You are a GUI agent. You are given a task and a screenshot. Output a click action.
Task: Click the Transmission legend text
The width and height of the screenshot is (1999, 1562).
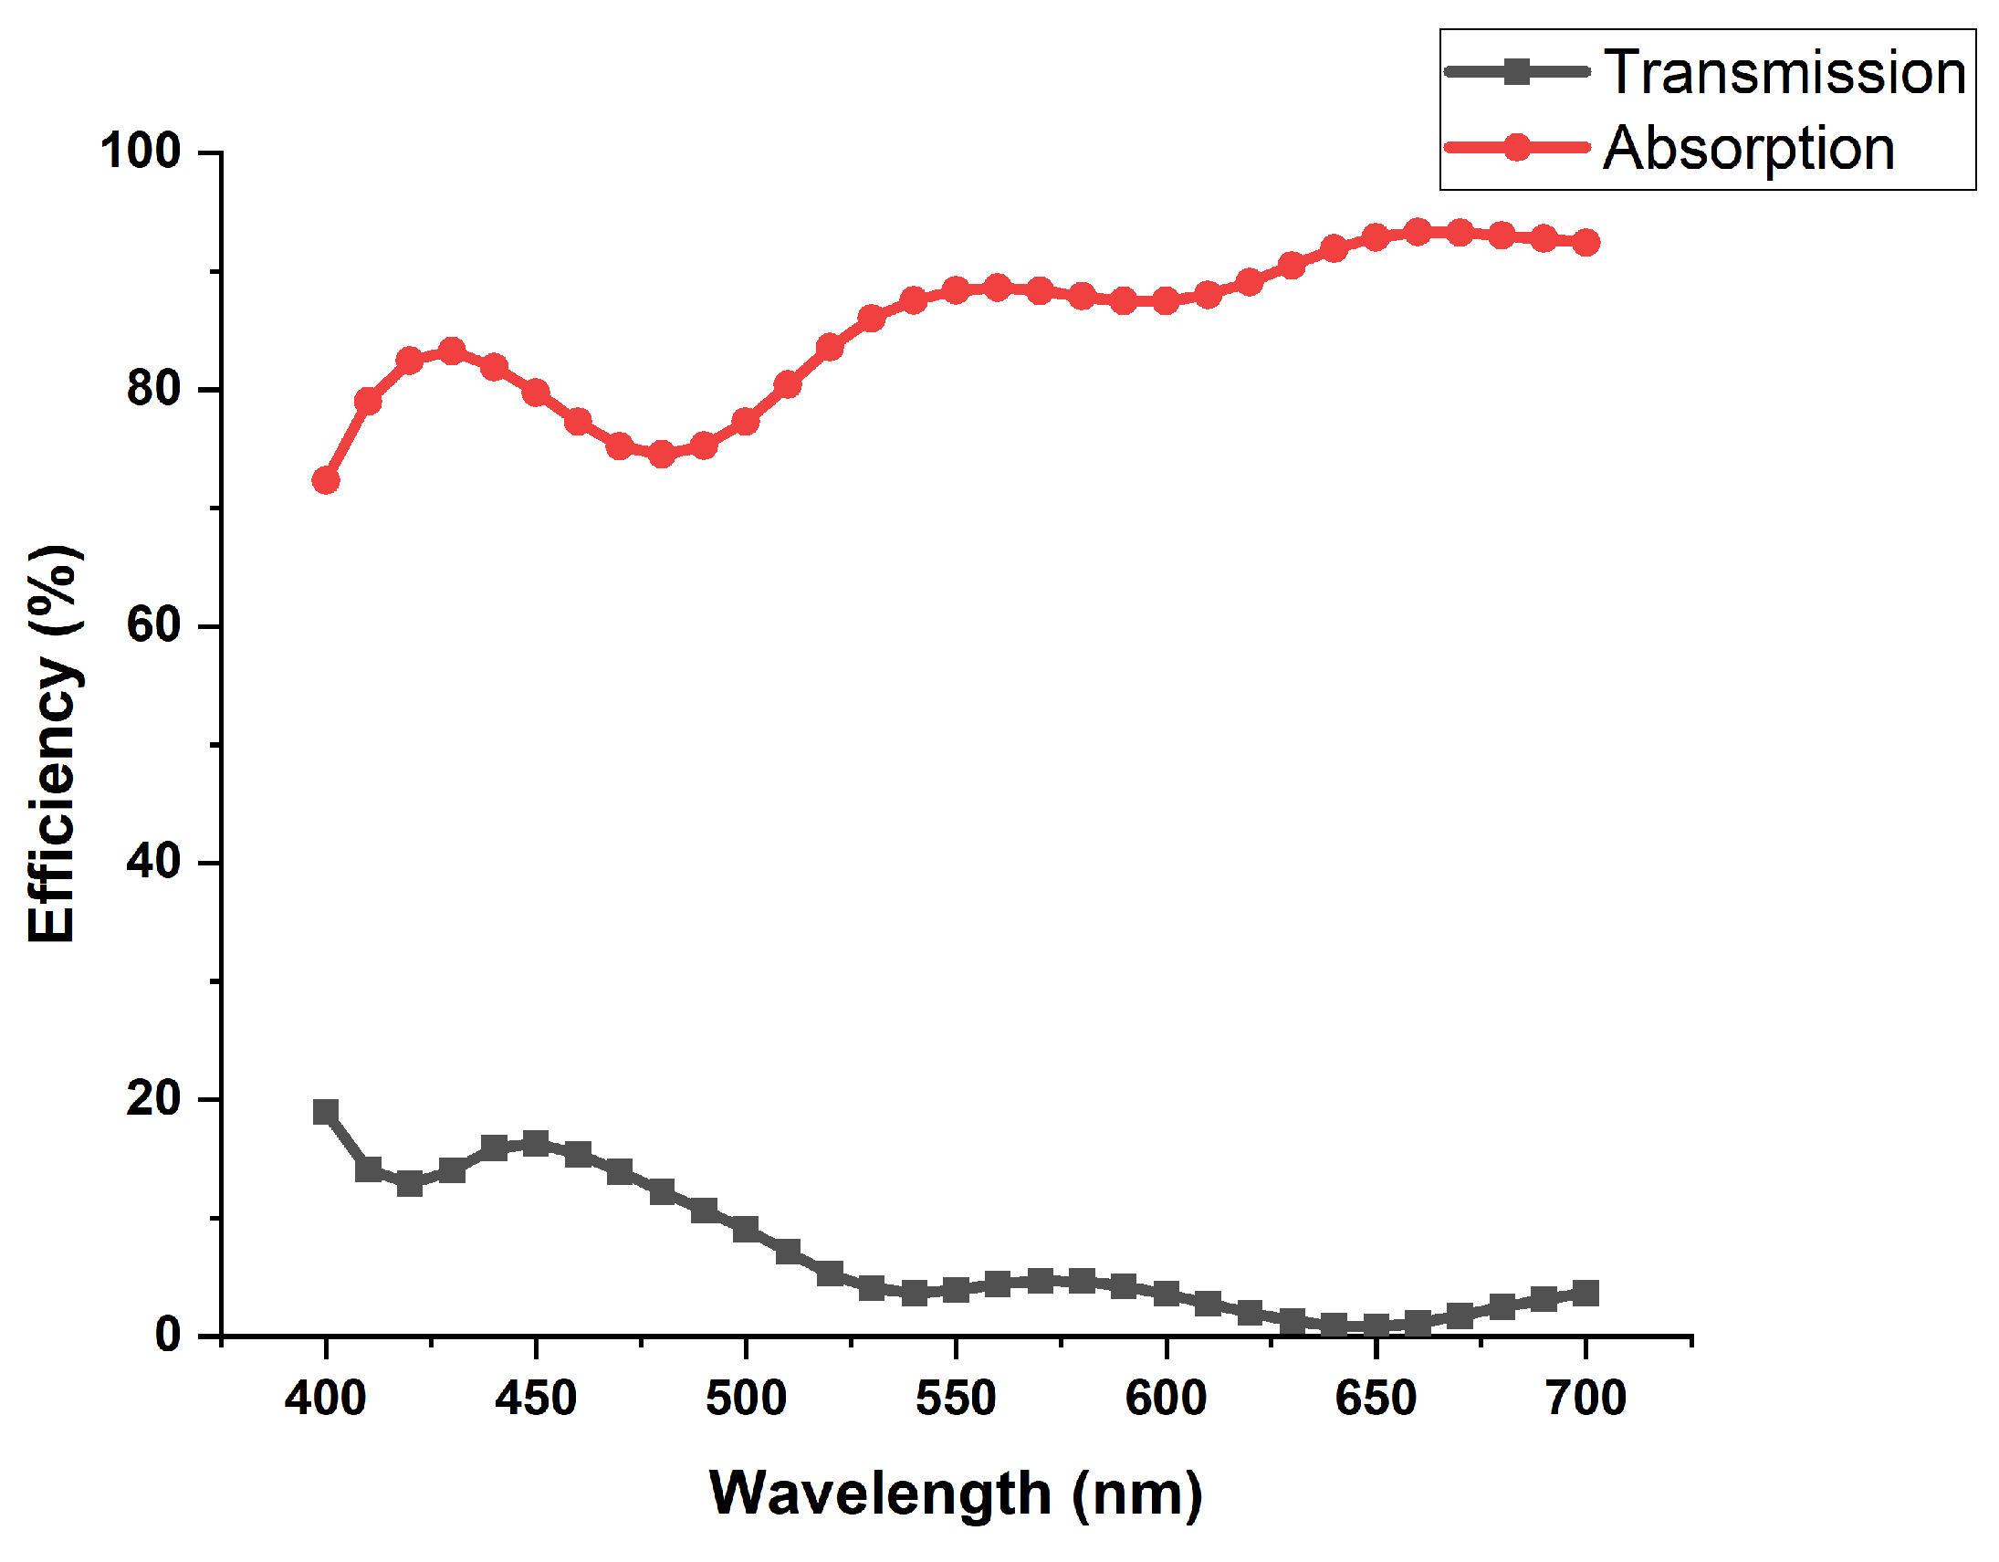point(1784,72)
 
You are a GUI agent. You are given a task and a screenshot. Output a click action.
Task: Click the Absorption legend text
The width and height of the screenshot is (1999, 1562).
point(1748,148)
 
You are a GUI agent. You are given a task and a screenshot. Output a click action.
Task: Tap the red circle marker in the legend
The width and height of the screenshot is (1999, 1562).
point(1517,147)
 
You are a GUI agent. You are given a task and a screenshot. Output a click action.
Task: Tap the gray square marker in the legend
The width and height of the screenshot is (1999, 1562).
point(1517,71)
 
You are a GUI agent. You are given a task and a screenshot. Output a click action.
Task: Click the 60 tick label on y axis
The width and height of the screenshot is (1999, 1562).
point(152,626)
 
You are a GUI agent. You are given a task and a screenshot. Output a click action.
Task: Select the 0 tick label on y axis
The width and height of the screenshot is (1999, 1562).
point(168,1336)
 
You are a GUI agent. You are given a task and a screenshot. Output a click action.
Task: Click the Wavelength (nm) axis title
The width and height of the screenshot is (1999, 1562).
point(956,1494)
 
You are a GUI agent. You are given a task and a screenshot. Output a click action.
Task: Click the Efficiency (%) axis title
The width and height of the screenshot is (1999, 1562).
point(52,743)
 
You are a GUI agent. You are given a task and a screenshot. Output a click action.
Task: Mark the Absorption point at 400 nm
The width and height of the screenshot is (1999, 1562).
point(326,481)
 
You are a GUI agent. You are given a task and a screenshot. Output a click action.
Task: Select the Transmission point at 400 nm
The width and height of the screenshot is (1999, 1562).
point(326,1113)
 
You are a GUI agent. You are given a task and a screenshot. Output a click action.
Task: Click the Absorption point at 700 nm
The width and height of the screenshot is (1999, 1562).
point(1586,243)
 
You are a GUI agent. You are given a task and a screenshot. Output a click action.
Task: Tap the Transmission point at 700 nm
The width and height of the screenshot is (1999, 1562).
point(1586,1294)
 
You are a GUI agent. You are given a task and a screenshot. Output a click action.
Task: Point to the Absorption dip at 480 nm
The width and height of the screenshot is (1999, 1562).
point(662,454)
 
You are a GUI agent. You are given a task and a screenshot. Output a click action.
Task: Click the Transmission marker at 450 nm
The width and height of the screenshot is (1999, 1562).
point(536,1144)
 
